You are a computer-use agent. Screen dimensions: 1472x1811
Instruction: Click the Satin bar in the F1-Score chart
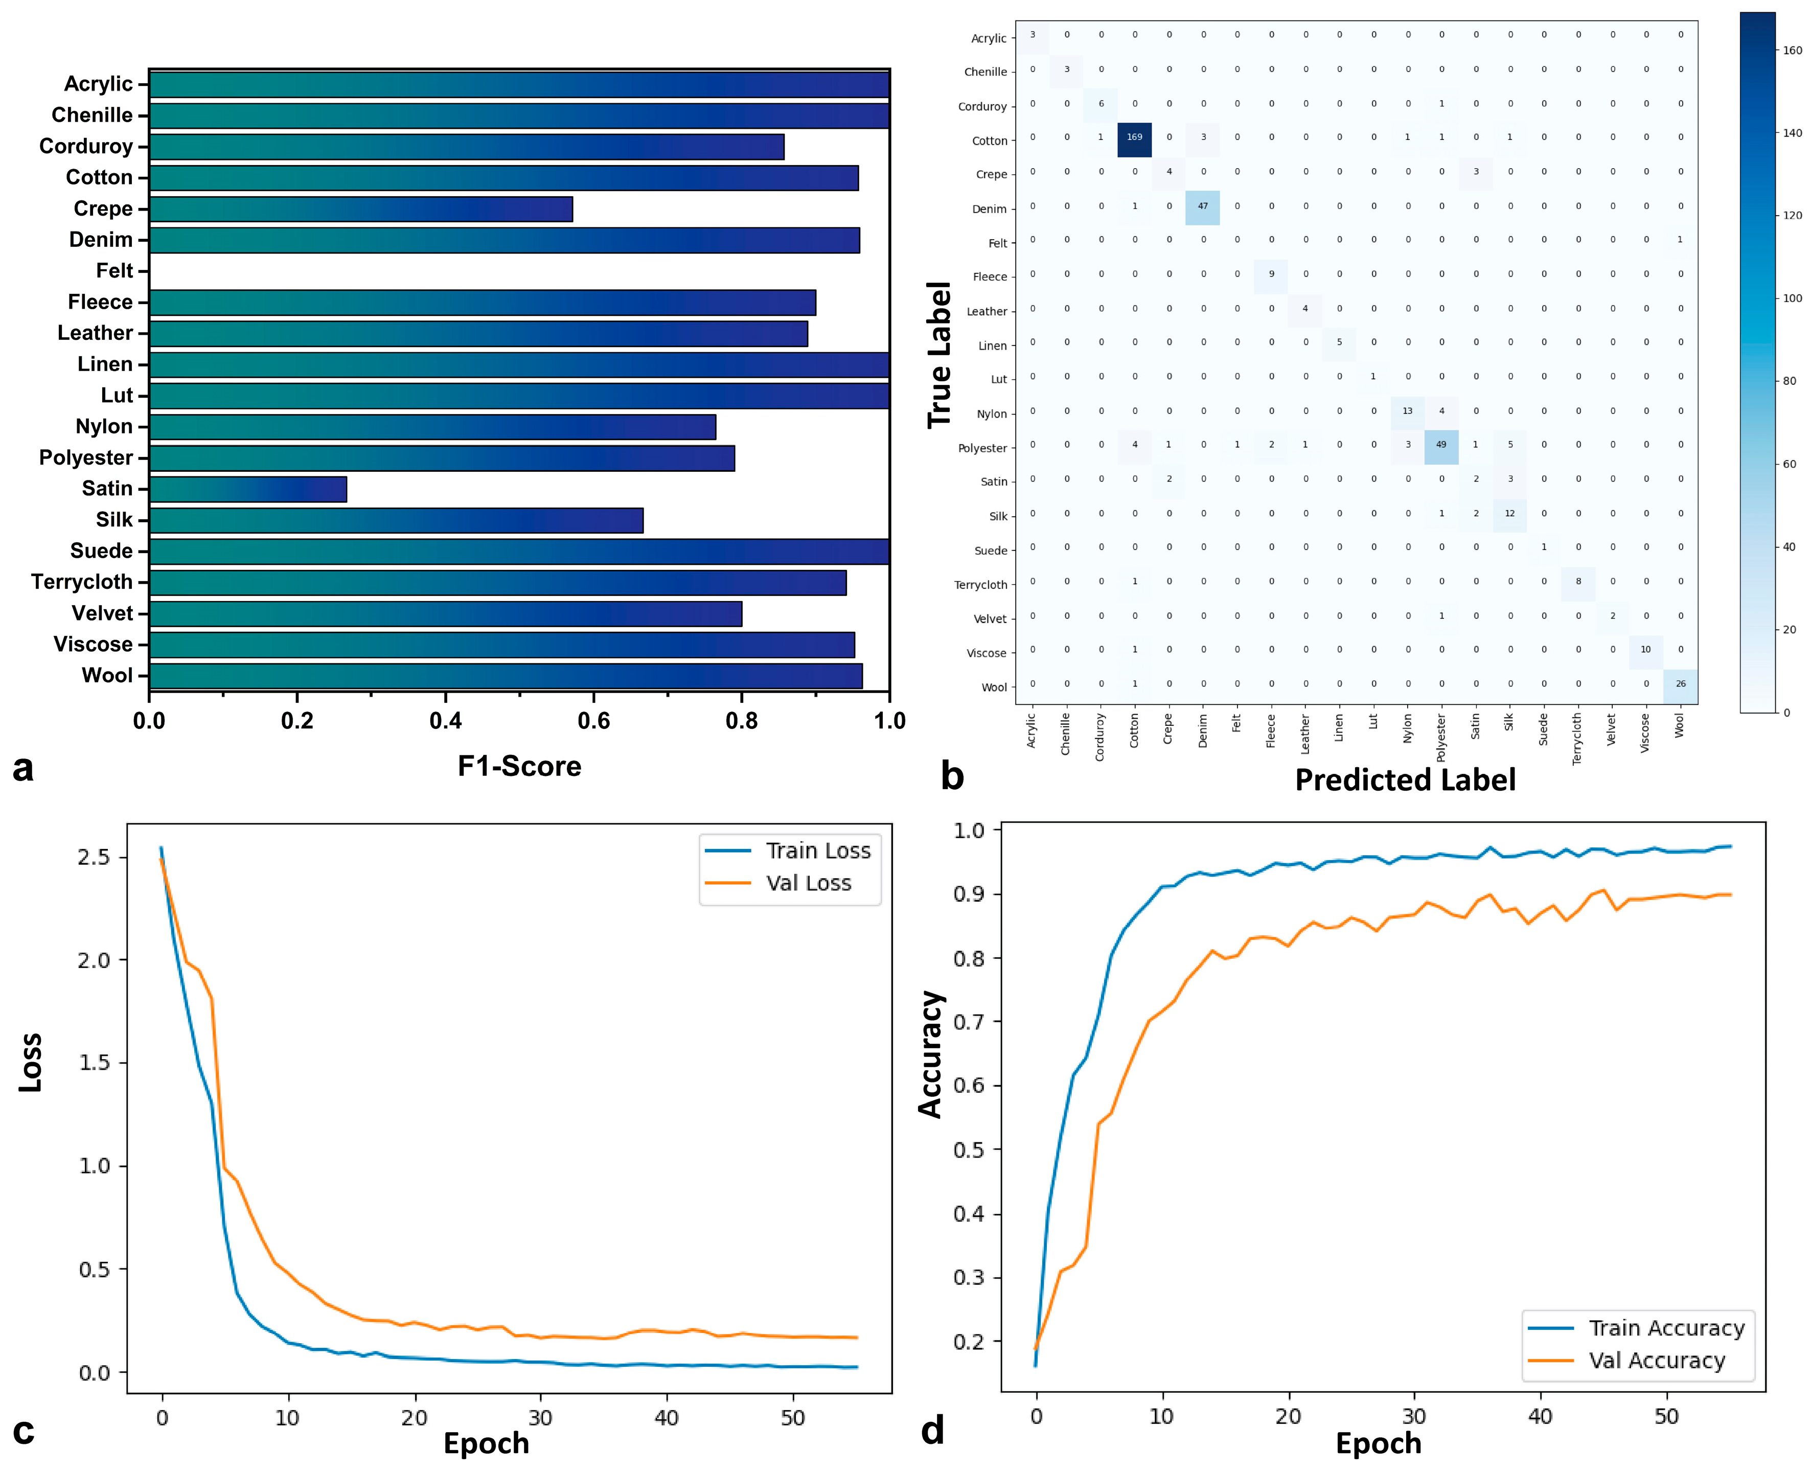coord(247,489)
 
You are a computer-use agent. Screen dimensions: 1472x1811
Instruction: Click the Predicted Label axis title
coord(1405,780)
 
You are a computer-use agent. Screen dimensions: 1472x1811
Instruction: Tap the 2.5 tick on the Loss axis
coord(94,857)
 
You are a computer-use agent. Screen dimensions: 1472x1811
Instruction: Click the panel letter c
coord(24,1431)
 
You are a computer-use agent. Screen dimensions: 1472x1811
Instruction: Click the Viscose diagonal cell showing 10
coord(1646,650)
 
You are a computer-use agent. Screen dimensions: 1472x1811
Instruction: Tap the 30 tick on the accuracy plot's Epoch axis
coord(1413,1417)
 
